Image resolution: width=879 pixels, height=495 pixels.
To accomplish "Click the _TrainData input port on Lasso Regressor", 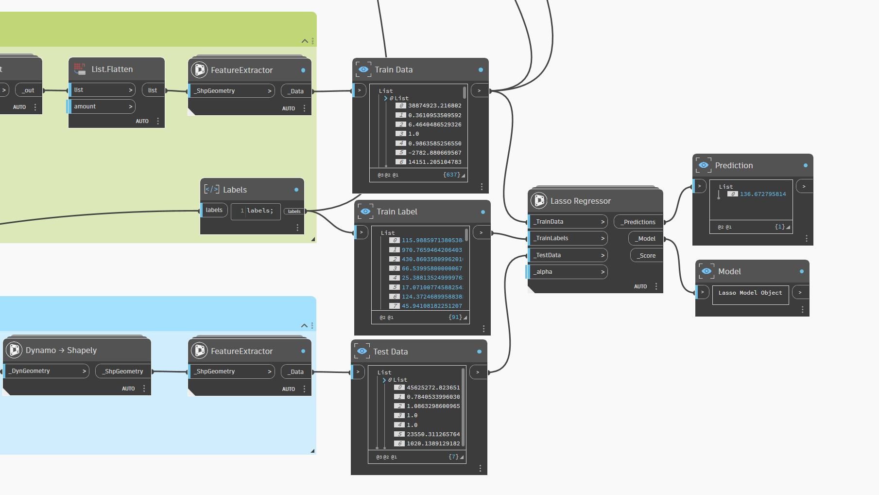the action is click(568, 222).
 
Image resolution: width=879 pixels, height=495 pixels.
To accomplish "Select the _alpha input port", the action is click(568, 272).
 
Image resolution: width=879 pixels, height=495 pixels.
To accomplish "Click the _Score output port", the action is click(646, 255).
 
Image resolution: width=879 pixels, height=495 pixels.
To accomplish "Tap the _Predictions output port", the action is click(638, 222).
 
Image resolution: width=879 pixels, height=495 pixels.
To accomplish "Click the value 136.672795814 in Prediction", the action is click(762, 194).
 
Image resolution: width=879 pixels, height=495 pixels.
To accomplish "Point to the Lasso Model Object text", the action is click(750, 293).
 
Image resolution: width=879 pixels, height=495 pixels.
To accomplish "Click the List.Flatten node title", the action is click(112, 70).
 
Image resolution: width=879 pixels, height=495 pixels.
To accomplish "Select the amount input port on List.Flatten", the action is click(101, 106).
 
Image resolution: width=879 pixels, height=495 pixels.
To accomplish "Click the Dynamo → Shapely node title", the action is click(61, 350).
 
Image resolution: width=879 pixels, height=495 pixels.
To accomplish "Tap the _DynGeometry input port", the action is click(46, 371).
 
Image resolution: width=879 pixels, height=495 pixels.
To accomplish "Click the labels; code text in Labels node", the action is click(260, 211).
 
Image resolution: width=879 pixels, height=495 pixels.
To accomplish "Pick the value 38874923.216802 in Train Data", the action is click(434, 106).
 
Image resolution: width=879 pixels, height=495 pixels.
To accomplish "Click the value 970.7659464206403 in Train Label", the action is click(432, 250).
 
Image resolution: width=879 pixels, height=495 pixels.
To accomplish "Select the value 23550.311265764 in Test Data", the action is click(433, 434).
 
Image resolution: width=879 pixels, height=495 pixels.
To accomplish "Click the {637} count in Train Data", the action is click(451, 175).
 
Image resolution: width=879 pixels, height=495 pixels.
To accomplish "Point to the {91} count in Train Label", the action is click(455, 317).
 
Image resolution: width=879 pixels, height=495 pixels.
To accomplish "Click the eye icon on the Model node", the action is click(707, 271).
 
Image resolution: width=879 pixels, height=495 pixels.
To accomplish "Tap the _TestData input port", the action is click(568, 255).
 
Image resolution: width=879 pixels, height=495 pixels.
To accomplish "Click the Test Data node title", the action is click(390, 352).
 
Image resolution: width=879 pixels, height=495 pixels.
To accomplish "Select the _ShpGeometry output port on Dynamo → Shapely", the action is click(123, 371).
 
